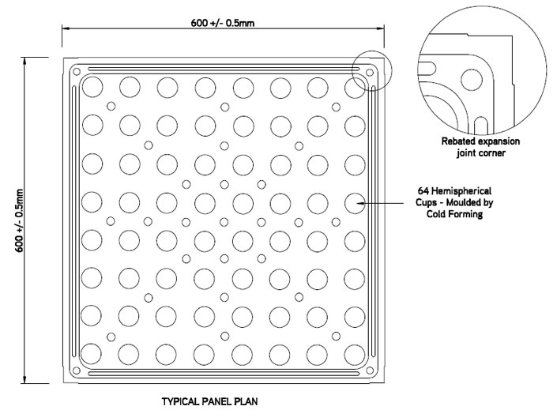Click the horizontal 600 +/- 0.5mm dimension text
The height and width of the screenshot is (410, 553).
click(x=223, y=23)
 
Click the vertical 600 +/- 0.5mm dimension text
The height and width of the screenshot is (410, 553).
click(x=19, y=220)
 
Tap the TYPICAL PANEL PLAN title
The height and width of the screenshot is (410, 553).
click(x=210, y=401)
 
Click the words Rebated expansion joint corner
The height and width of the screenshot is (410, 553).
click(x=480, y=147)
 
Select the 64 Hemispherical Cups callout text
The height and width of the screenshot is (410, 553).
click(x=454, y=202)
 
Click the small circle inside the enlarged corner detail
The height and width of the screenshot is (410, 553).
click(x=472, y=79)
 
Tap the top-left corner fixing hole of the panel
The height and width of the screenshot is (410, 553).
click(x=76, y=72)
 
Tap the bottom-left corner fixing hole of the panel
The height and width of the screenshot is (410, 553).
click(x=76, y=371)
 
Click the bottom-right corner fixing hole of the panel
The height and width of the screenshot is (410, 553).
click(x=370, y=371)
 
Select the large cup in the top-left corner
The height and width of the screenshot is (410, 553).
click(x=92, y=86)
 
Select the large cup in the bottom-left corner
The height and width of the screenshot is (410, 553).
click(x=92, y=354)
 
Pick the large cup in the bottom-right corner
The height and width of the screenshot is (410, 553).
click(x=355, y=354)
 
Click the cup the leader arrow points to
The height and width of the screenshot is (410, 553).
click(x=355, y=203)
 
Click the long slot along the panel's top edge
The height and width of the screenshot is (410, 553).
click(x=223, y=69)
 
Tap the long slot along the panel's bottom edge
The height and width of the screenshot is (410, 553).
click(x=223, y=374)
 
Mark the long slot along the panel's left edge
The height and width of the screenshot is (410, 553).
click(x=73, y=221)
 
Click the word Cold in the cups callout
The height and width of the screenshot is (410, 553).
click(x=437, y=214)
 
